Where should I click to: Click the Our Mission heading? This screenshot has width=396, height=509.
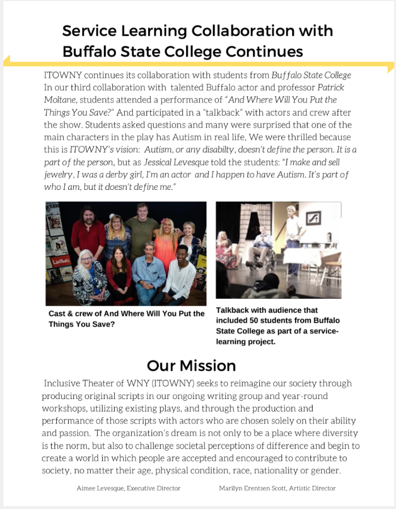(x=191, y=365)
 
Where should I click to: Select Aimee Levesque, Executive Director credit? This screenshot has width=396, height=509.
(x=128, y=488)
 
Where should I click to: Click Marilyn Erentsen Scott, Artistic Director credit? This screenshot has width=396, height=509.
(x=277, y=488)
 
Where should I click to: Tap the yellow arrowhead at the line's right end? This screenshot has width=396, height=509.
(x=391, y=67)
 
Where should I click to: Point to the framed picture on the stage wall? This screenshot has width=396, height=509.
(x=313, y=217)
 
